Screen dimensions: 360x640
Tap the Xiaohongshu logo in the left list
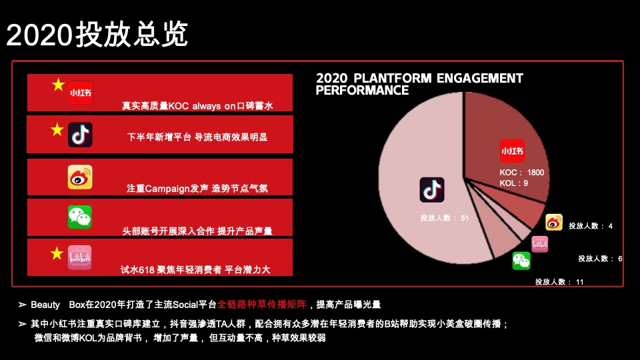point(80,92)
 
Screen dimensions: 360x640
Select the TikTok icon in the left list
point(80,134)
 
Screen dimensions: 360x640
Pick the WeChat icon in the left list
point(80,217)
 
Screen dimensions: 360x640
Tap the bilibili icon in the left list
point(80,258)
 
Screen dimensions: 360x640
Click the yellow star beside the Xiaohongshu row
point(59,85)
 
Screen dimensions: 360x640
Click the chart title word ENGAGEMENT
point(479,79)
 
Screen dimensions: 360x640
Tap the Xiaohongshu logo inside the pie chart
point(512,151)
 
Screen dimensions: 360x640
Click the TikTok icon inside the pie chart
point(431,190)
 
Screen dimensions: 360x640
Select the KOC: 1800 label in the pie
point(522,173)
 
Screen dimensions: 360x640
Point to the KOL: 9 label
point(514,183)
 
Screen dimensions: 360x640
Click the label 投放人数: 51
point(445,218)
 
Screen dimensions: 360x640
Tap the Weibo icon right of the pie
point(554,223)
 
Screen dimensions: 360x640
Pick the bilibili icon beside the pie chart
point(539,244)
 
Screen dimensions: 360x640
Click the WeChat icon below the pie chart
point(521,261)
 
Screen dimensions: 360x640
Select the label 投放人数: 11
point(559,282)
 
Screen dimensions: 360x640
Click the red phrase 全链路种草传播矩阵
point(271,305)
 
